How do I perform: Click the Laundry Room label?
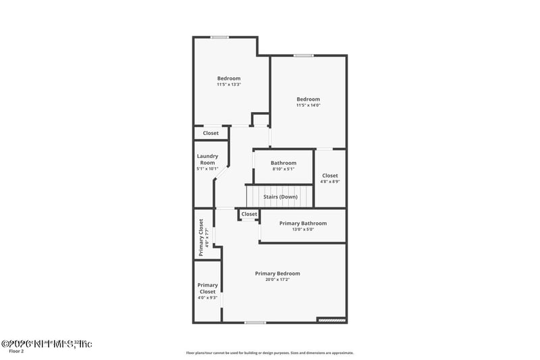tap(207, 159)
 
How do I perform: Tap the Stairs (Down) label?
tap(280, 197)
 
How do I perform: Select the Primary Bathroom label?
tap(303, 224)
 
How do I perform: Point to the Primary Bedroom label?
tap(277, 274)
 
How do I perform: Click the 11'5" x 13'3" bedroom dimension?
tap(229, 84)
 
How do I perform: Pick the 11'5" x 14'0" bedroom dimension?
tap(308, 105)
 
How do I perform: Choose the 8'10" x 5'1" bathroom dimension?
tap(283, 169)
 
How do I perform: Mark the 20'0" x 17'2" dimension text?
tap(277, 280)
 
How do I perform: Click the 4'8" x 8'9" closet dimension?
tap(330, 182)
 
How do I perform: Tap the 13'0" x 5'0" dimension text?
tap(303, 230)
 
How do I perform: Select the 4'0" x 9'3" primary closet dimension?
tap(208, 297)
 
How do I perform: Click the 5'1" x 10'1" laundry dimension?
tap(207, 168)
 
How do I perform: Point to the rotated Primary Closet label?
tap(201, 237)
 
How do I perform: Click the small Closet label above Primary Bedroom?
tap(249, 214)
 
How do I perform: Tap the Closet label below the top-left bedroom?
tap(211, 133)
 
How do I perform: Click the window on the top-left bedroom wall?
tap(219, 37)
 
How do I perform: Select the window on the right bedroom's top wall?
tap(302, 55)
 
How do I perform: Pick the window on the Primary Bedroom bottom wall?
tap(254, 322)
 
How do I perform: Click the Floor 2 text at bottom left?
tap(16, 351)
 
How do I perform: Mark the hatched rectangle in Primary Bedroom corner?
tap(331, 319)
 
